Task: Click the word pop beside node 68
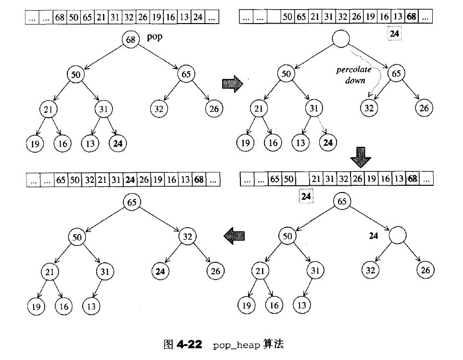(154, 38)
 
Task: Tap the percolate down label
(354, 75)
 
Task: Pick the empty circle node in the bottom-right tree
(398, 236)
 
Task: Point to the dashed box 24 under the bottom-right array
(306, 196)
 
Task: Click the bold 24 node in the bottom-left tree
(161, 271)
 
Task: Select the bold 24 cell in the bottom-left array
(130, 181)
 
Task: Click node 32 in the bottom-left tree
(187, 236)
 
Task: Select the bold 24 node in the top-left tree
(117, 143)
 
